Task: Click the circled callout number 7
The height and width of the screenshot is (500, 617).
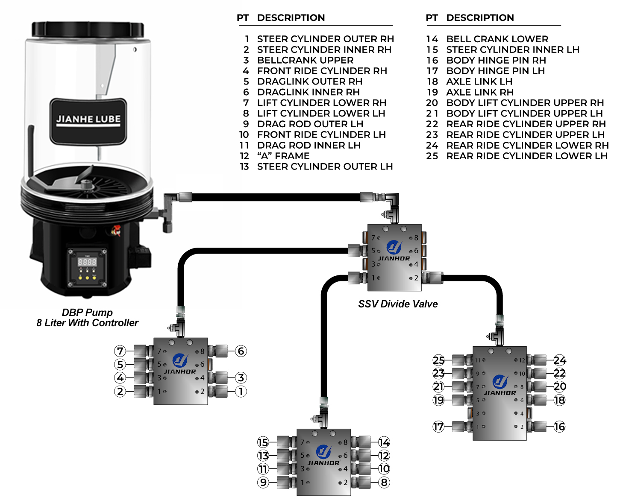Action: click(x=120, y=351)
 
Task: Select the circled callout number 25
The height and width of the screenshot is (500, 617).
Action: click(x=439, y=360)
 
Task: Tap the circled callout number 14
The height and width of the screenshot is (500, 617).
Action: click(x=384, y=442)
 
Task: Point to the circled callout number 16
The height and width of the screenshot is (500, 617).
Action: click(x=559, y=426)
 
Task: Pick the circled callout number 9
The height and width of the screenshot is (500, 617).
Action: click(x=263, y=482)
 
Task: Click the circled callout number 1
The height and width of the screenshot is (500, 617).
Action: click(x=241, y=391)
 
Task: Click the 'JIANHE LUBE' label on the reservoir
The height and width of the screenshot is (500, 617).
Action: click(x=88, y=120)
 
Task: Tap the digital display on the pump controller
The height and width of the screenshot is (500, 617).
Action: click(x=87, y=261)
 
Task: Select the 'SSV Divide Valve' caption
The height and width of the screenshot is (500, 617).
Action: click(x=398, y=304)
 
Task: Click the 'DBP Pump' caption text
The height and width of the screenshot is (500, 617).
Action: click(x=87, y=313)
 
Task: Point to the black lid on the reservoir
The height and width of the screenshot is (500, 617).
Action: click(x=88, y=29)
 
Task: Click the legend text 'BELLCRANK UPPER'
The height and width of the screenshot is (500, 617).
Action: click(x=305, y=60)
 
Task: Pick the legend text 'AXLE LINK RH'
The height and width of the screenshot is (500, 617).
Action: click(x=480, y=92)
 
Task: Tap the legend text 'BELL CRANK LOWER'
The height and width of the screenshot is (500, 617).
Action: click(x=497, y=39)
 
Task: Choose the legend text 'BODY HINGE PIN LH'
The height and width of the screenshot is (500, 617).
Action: click(x=495, y=71)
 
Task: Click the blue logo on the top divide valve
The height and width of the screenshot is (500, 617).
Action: click(x=394, y=247)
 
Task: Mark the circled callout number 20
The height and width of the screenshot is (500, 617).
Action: click(x=560, y=386)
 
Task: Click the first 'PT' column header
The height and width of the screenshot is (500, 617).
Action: click(x=243, y=18)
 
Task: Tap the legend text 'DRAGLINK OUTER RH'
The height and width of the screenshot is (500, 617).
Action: click(x=309, y=82)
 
